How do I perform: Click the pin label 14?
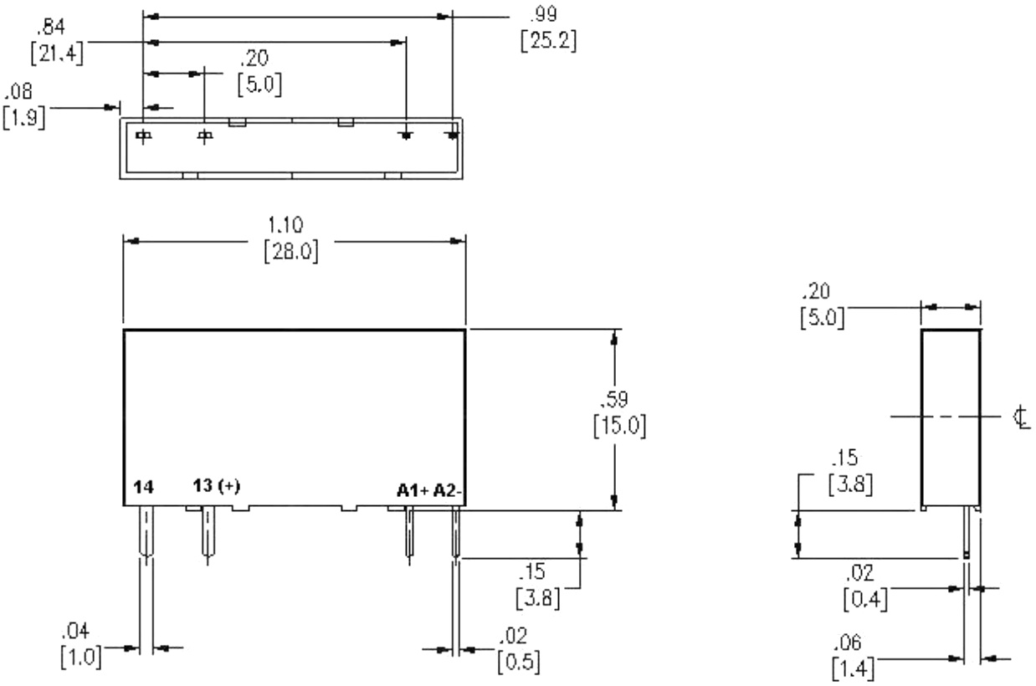point(143,487)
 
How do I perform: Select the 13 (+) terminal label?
point(217,486)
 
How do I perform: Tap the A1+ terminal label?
point(413,490)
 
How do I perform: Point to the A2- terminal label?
point(447,490)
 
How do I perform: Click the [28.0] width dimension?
point(291,253)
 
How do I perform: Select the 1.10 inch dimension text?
point(285,225)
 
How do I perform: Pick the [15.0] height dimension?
point(620,426)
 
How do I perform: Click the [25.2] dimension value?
point(548,41)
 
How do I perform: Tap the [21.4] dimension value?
point(57,54)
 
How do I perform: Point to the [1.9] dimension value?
point(24,118)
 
